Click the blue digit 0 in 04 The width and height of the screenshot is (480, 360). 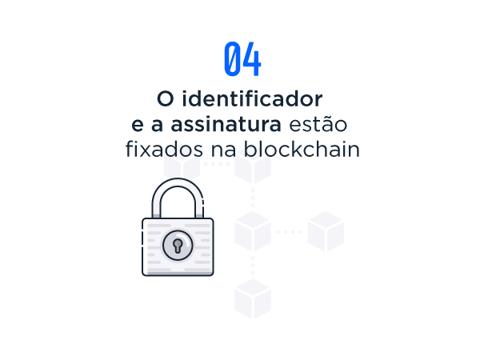click(x=232, y=58)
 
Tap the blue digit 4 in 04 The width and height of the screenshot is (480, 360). click(x=252, y=58)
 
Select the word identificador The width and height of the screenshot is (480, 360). click(x=252, y=98)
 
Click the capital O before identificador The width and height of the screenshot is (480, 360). click(x=166, y=99)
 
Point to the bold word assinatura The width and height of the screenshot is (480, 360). click(x=226, y=124)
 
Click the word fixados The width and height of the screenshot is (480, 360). click(x=164, y=149)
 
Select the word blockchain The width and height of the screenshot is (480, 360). click(x=302, y=149)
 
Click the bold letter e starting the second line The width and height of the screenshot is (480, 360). click(x=138, y=126)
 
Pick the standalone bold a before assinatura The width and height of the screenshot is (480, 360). click(x=157, y=126)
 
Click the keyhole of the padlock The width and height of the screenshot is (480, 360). click(x=178, y=246)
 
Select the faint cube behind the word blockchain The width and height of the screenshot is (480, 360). click(x=253, y=167)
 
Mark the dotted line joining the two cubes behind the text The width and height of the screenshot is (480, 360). click(x=217, y=164)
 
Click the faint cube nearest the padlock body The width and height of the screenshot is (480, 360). click(x=253, y=231)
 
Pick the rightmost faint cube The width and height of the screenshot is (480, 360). click(x=326, y=231)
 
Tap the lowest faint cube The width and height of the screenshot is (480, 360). click(x=253, y=298)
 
